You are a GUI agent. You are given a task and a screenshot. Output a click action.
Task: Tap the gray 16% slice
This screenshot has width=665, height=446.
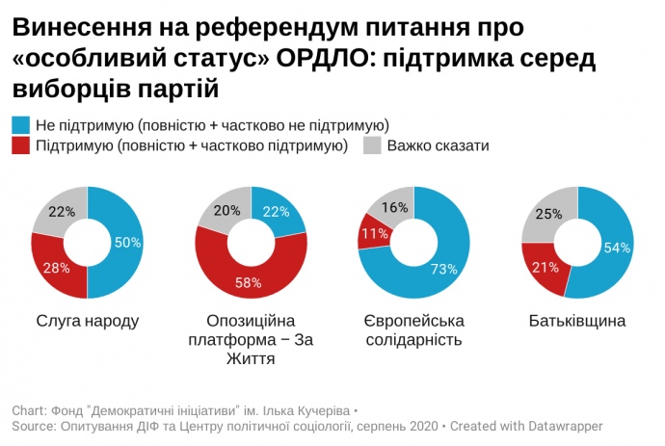(x=391, y=205)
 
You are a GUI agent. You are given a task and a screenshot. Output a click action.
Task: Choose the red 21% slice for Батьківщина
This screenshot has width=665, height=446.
(x=544, y=267)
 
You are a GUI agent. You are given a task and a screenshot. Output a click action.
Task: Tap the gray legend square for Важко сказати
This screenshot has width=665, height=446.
(x=372, y=145)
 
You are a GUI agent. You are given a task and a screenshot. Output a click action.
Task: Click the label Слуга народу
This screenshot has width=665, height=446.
(x=87, y=320)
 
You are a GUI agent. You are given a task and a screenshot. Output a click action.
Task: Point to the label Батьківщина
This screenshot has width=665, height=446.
(x=577, y=320)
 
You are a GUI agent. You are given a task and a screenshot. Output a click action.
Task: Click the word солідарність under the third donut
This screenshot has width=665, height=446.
(x=413, y=339)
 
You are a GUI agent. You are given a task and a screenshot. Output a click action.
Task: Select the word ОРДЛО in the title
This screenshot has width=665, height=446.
(x=324, y=60)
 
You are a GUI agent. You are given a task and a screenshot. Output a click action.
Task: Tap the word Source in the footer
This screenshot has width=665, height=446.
(x=33, y=425)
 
